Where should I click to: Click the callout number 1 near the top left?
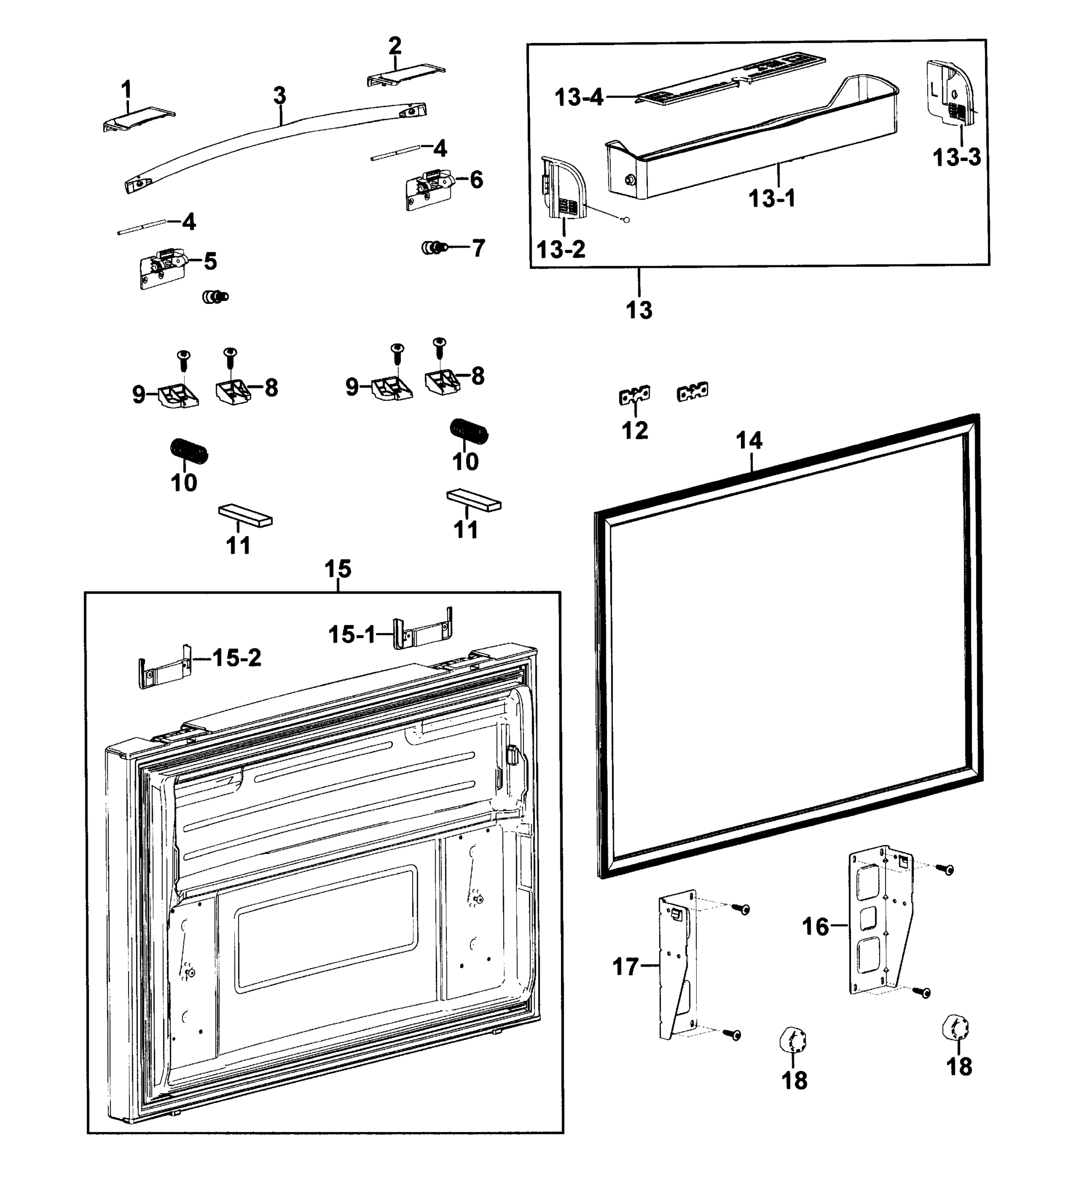click(126, 90)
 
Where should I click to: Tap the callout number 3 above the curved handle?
click(280, 95)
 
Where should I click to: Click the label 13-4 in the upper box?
click(580, 97)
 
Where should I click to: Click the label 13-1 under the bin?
click(771, 198)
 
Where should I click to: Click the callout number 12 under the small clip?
click(635, 430)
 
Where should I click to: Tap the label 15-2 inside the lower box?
click(237, 657)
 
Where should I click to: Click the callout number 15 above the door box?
click(338, 569)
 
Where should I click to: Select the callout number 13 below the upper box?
click(639, 309)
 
